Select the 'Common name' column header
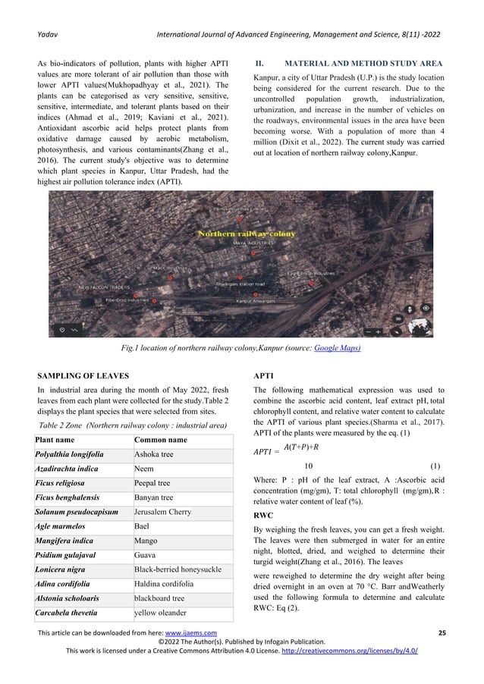(x=161, y=441)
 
